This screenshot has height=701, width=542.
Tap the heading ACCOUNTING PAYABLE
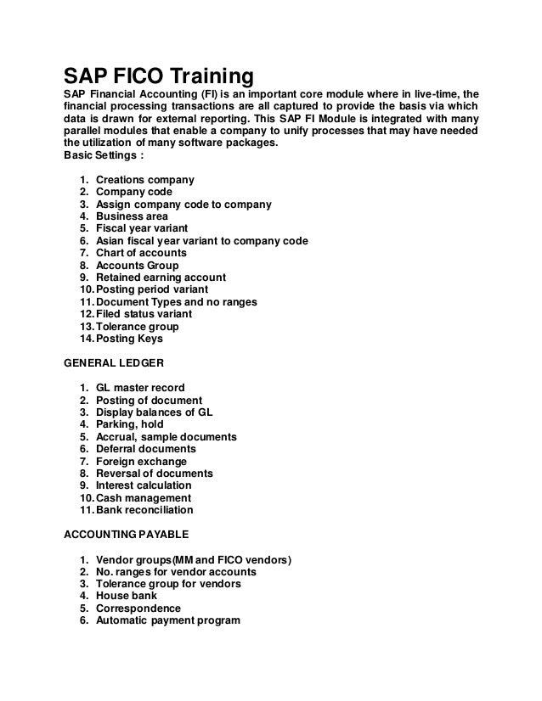(x=125, y=536)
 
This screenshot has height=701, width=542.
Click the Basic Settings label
(x=103, y=155)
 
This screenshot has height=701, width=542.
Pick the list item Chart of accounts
(x=141, y=253)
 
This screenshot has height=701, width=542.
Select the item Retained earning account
(x=161, y=278)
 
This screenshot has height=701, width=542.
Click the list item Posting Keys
(x=129, y=339)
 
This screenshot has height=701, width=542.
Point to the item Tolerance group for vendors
(x=168, y=584)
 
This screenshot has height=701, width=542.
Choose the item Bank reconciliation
(x=144, y=510)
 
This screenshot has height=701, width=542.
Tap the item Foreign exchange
(x=140, y=461)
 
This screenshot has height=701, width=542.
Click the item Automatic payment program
(x=168, y=620)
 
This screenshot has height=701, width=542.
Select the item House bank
(x=127, y=596)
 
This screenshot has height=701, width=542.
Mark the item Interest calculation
(x=144, y=485)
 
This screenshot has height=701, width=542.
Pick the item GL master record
(x=140, y=388)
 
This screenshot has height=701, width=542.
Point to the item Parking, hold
(x=130, y=424)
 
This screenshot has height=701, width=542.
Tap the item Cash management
(x=144, y=498)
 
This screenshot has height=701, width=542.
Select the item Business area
(x=132, y=216)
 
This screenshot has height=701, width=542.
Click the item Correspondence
(x=138, y=608)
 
